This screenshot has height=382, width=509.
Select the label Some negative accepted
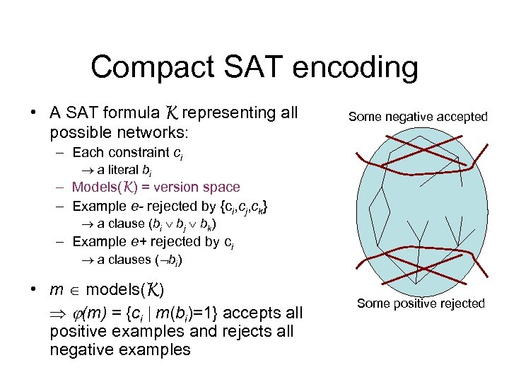tap(418, 117)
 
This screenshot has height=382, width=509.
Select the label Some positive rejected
tap(421, 303)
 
